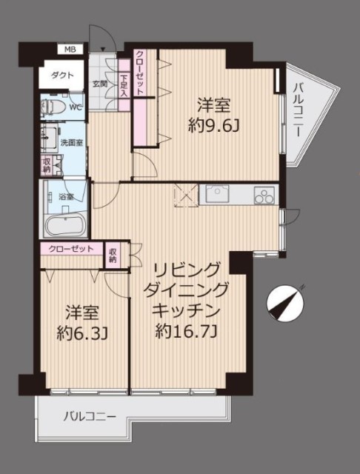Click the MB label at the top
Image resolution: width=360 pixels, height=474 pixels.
pos(70,50)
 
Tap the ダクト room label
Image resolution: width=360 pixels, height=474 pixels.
pos(62,76)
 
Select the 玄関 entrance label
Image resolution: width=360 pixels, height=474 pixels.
pos(100,84)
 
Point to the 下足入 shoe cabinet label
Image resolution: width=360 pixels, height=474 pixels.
pos(124,86)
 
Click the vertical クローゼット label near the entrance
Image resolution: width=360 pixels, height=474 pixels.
pos(139,73)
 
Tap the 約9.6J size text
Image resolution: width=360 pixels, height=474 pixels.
pos(213,127)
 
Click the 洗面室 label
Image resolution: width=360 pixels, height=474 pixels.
pos(72,143)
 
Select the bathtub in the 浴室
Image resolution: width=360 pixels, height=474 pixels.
pos(64,226)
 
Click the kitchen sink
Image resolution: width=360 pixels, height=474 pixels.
pos(217,193)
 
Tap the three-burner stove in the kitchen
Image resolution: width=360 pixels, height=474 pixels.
pos(264,196)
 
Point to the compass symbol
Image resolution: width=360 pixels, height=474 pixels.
pos(286,304)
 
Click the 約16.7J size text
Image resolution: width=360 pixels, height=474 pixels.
pos(186,332)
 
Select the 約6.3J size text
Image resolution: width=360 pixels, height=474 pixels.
pos(82,334)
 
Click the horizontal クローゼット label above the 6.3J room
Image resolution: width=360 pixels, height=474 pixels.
pos(71,249)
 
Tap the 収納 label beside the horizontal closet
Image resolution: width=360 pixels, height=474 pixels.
pos(113,256)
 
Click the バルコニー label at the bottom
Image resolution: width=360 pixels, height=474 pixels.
pos(90,417)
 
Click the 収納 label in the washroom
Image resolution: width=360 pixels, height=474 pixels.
pos(46,165)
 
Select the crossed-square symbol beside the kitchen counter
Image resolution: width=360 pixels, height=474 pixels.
pos(186,195)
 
